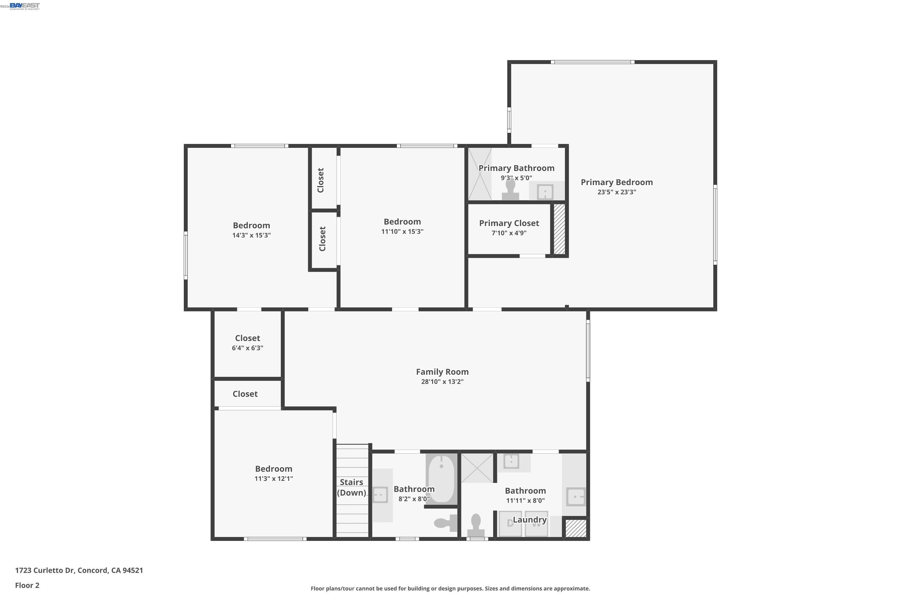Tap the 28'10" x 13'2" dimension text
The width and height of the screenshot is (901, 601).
tap(442, 382)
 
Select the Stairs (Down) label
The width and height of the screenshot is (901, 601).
tap(351, 487)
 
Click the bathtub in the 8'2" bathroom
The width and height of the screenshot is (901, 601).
tap(441, 479)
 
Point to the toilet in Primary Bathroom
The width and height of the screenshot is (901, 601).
tap(510, 191)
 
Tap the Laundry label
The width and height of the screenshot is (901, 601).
tap(529, 520)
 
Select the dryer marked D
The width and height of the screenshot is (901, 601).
tap(510, 523)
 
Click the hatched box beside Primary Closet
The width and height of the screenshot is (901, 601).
tap(559, 229)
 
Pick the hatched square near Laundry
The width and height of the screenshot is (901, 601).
tap(575, 528)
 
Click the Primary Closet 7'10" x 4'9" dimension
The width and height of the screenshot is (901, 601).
tap(509, 233)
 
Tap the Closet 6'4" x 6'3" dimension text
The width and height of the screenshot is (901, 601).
tap(247, 348)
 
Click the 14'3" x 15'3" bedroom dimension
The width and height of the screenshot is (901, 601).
tap(251, 235)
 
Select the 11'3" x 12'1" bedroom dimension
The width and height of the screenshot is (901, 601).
tap(274, 479)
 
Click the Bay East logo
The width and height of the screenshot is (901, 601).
tap(25, 6)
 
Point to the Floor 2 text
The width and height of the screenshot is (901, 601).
tap(27, 585)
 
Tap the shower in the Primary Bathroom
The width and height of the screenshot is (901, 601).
tap(480, 174)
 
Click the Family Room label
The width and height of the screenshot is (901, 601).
tap(442, 372)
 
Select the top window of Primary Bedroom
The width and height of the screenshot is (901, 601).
tap(592, 62)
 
